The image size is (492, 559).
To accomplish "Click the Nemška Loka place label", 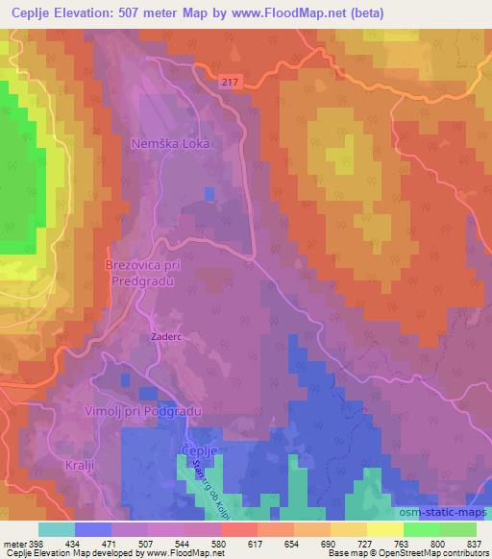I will (170, 144).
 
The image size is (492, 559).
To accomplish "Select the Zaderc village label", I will (165, 337).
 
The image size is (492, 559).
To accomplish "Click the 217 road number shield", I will (227, 84).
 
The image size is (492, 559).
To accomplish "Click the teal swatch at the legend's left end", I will (55, 528).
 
